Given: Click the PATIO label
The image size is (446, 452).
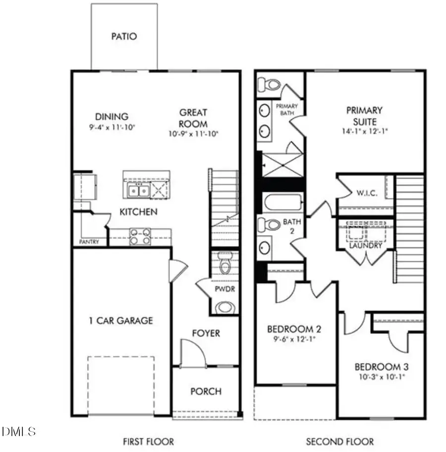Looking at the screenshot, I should click(123, 37).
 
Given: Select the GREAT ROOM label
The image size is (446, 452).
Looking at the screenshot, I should click(193, 118).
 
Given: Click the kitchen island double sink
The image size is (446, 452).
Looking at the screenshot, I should click(138, 190).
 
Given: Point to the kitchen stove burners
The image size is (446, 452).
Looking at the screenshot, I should click(140, 236).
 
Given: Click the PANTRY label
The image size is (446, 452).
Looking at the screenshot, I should click(89, 242).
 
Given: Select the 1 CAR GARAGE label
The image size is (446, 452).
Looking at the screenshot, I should click(120, 321).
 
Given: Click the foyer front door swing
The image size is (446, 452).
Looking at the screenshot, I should click(192, 353).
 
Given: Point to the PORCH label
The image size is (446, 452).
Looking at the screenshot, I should click(206, 391).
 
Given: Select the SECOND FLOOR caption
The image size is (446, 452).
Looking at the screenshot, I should click(340, 441).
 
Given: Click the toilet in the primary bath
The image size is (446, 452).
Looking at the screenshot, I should click(269, 84).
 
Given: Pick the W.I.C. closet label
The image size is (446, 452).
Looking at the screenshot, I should click(367, 194).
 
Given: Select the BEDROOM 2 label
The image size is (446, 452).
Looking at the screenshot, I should click(291, 329).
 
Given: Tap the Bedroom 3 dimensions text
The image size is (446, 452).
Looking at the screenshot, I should click(381, 377).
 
